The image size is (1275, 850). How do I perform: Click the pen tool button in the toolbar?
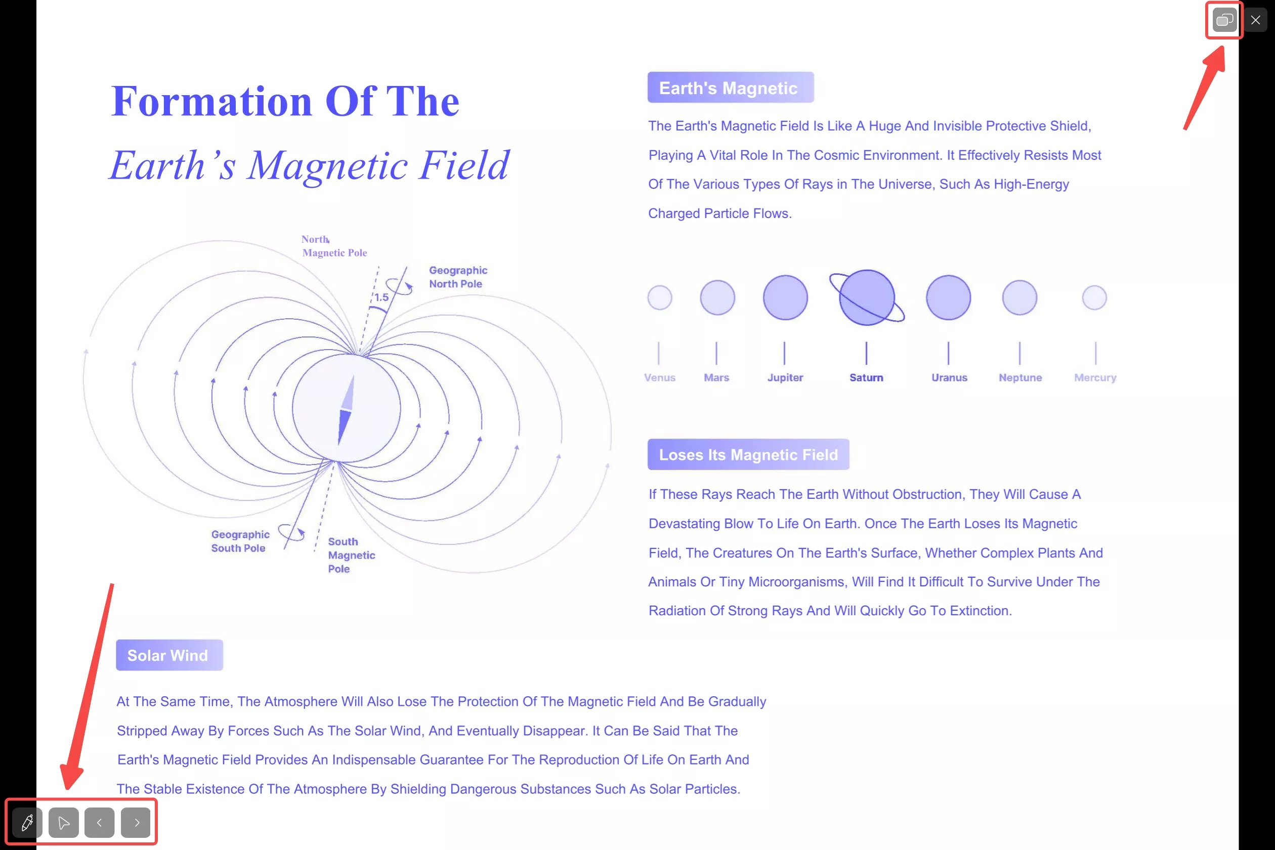coord(27,822)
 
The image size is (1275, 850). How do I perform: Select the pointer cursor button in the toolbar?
coord(63,822)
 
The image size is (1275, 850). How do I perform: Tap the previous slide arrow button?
coord(99,822)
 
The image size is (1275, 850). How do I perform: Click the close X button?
coord(1255,20)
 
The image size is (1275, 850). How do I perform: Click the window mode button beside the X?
coord(1224,20)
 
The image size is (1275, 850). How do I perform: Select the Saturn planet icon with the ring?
coord(867,297)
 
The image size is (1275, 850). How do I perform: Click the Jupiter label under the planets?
coord(785,377)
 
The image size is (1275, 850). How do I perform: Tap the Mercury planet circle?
coord(1094,297)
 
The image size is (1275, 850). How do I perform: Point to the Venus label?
coord(660,377)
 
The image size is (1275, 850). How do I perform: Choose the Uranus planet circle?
coord(949,297)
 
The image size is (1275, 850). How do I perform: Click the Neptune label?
coord(1020,377)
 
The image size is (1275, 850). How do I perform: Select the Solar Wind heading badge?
coord(169,655)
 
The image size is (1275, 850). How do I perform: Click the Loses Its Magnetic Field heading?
coord(748,454)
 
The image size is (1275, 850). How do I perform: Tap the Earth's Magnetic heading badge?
coord(731,87)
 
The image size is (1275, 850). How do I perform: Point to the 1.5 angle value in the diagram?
coord(381,297)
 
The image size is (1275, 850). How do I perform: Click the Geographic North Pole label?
coord(458,277)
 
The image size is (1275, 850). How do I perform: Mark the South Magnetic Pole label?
coord(351,555)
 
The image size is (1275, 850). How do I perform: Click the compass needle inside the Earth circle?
coord(347,410)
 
